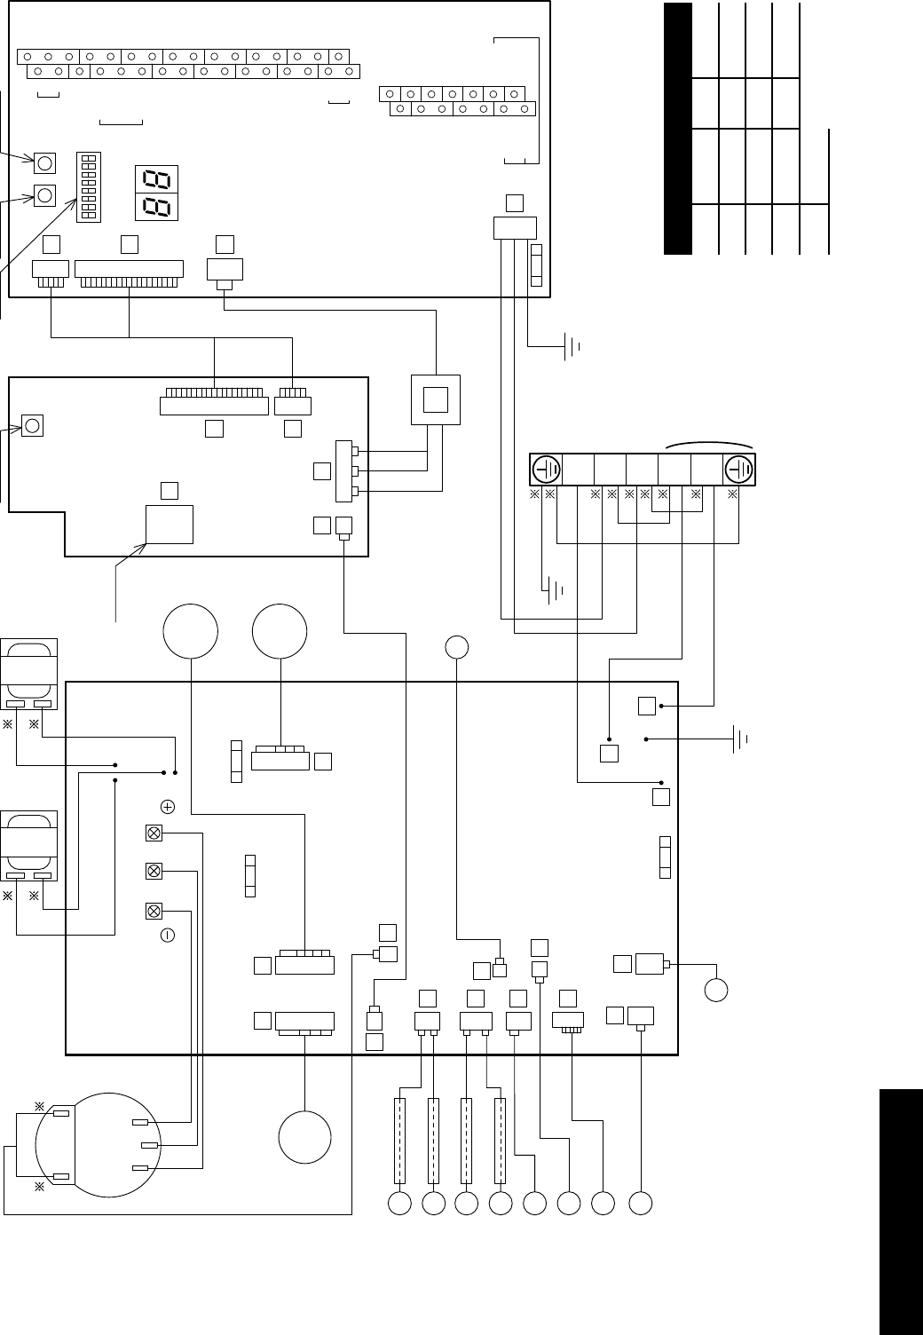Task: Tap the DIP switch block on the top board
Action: [x=89, y=186]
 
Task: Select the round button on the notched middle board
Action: [x=33, y=425]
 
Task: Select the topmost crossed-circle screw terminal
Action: [x=154, y=833]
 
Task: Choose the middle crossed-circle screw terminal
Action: [x=154, y=872]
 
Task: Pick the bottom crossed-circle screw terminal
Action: [x=154, y=912]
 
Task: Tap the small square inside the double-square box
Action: [x=436, y=400]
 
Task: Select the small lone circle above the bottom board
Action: [x=457, y=648]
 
